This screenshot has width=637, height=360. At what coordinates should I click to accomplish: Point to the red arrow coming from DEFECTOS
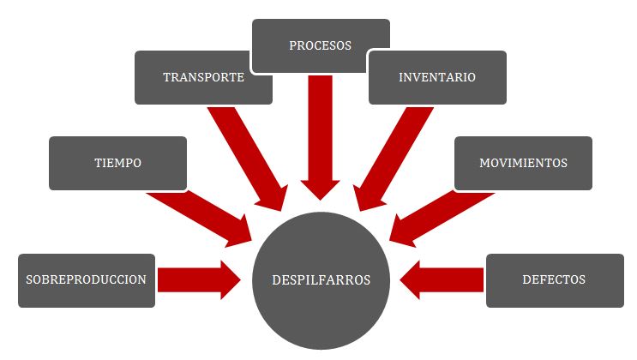tap(442, 280)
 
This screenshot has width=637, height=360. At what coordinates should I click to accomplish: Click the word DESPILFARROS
tap(321, 280)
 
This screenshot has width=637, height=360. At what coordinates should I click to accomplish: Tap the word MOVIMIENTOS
tap(523, 162)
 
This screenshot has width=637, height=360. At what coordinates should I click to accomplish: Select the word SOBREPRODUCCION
tap(86, 279)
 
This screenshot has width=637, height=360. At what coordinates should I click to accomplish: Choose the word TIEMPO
tap(118, 162)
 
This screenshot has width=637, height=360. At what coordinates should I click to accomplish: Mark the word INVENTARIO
tap(437, 77)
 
